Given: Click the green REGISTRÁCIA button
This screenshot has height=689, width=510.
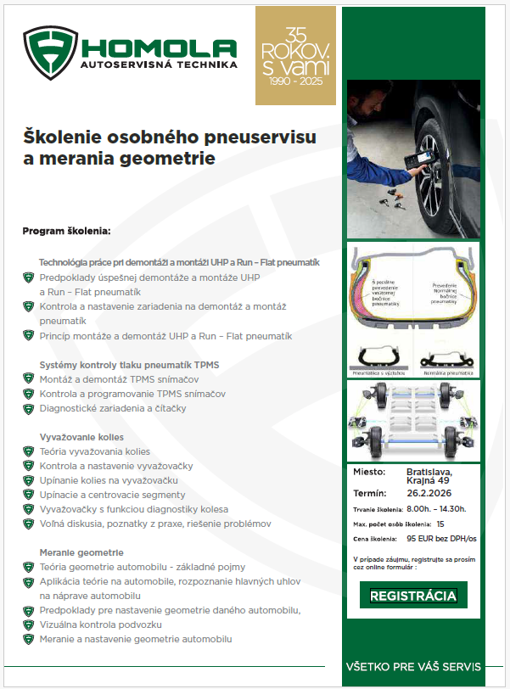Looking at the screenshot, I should click(413, 596).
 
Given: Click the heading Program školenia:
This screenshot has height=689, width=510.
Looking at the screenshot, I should click(66, 231).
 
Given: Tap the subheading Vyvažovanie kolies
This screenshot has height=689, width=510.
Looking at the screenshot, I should click(81, 436).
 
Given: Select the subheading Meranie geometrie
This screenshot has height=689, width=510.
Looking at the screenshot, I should click(81, 552).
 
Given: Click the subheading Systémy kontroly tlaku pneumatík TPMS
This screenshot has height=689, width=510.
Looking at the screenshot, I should click(129, 365).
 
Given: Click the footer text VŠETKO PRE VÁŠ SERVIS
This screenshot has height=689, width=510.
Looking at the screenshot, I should click(412, 667).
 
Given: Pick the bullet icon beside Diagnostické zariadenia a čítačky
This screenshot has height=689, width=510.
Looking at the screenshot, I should click(28, 408).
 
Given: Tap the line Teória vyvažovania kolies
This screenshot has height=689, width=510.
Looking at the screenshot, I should click(94, 451).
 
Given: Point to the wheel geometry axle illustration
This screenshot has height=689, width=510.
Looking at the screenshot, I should click(412, 420).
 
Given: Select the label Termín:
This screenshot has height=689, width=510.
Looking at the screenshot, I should click(369, 493).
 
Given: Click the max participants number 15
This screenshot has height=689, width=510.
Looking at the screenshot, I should click(441, 524).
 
